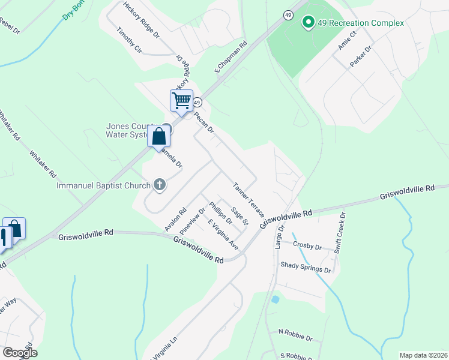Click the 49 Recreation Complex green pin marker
309,23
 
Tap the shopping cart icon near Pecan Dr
181,100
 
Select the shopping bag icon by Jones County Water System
158,136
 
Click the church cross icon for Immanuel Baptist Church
160,185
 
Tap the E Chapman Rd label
231,58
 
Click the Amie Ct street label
347,40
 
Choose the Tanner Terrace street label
249,199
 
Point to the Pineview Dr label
196,219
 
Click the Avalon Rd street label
176,220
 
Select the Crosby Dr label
308,245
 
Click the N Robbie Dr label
295,331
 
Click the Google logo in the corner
20,352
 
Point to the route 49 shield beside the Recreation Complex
289,14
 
